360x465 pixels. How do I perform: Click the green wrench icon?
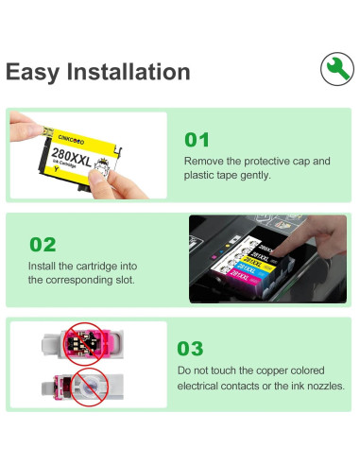[x=337, y=69]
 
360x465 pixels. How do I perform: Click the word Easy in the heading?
[x=32, y=73]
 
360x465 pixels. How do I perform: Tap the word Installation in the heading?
[x=129, y=72]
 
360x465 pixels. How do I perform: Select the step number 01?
[x=197, y=140]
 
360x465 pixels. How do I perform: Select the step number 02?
[x=43, y=245]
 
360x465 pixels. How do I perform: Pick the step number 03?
[x=190, y=349]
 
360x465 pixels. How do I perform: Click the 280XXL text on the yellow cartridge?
[x=72, y=157]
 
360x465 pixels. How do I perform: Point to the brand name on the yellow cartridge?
[x=71, y=140]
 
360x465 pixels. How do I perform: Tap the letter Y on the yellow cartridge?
[x=56, y=169]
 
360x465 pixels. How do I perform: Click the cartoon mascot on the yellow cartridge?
[x=102, y=166]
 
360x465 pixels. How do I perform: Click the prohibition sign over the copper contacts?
[x=83, y=343]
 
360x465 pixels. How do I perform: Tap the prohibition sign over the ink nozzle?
[x=90, y=387]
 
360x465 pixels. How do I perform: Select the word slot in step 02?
[x=125, y=280]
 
